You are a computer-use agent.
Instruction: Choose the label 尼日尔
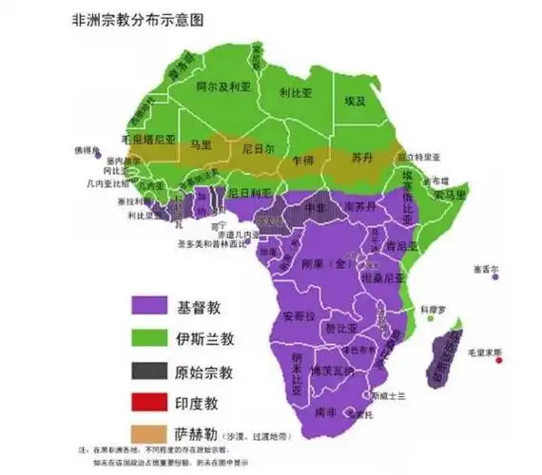coord(253,149)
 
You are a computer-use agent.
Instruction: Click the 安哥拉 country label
coord(295,314)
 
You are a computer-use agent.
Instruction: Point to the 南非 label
coord(326,411)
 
